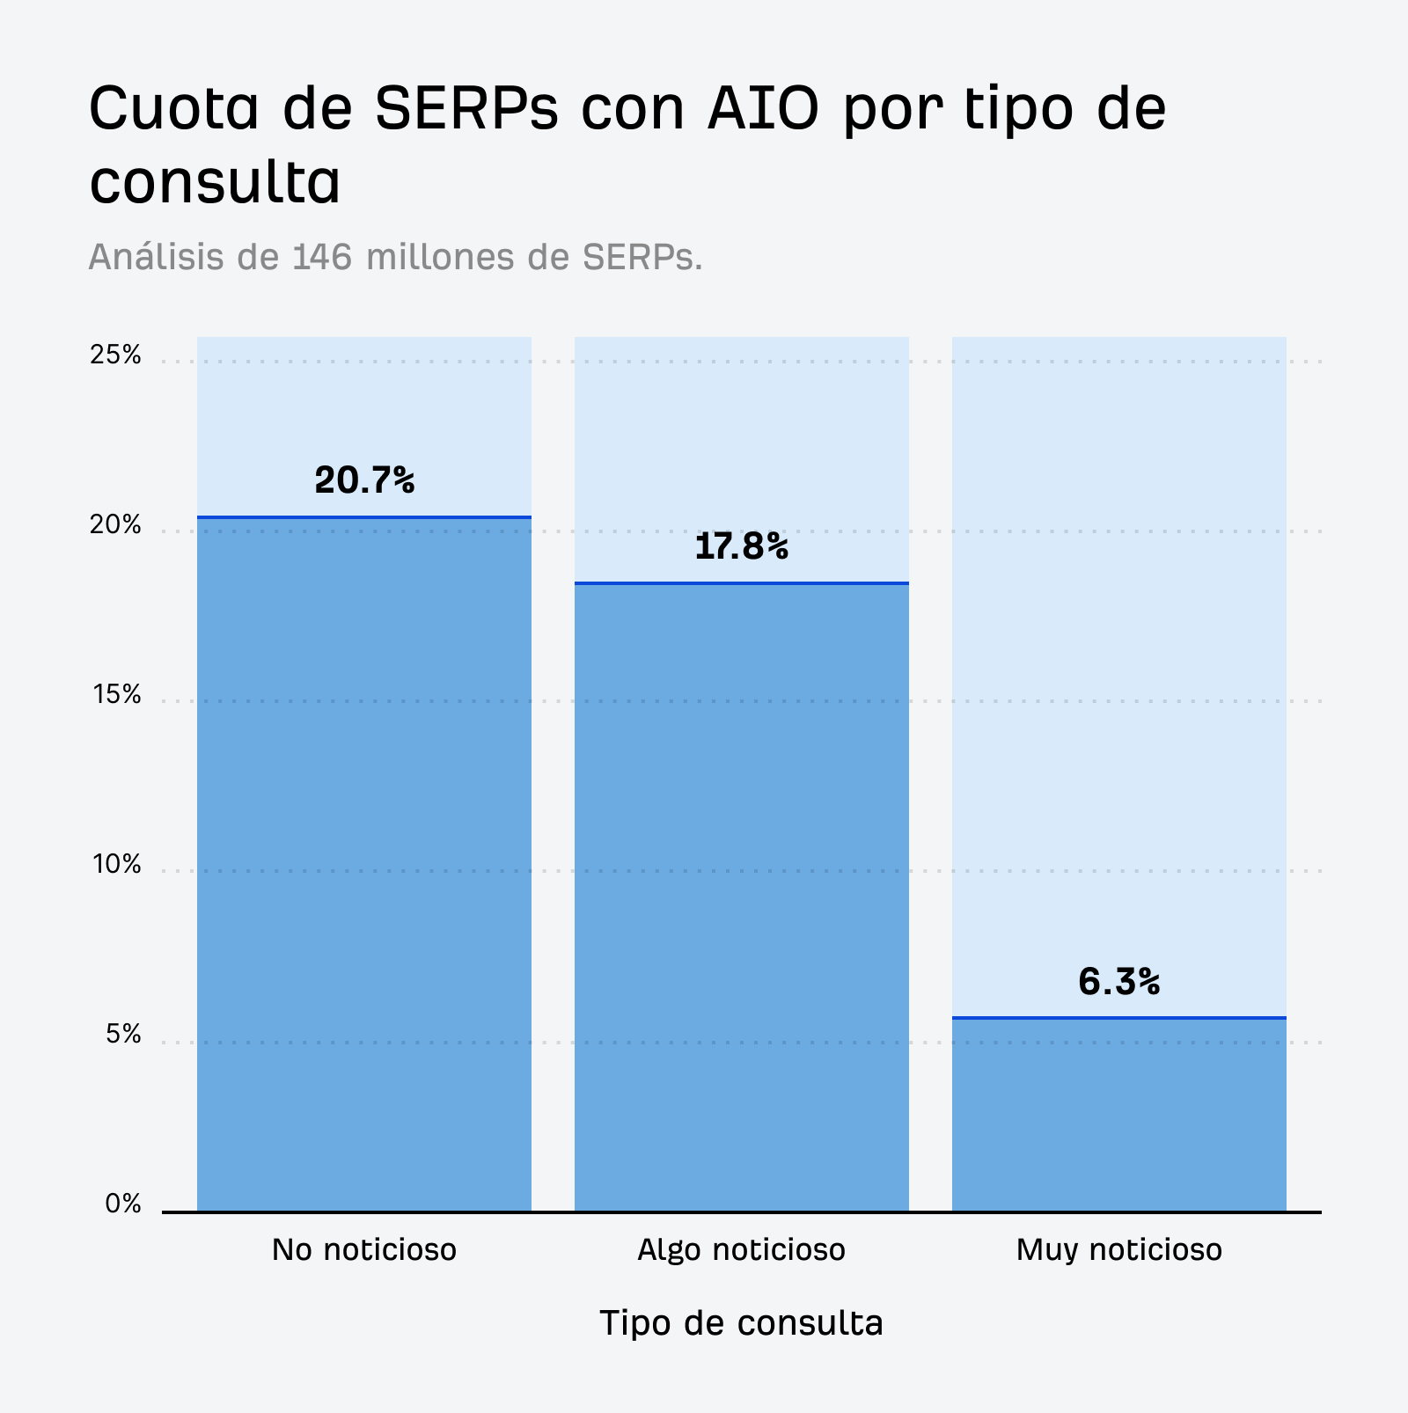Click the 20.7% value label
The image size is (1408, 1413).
click(364, 480)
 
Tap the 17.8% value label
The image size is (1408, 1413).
click(741, 546)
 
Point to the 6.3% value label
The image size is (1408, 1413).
click(1118, 982)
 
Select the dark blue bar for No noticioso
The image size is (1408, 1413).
click(364, 862)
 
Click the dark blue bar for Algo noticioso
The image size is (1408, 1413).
click(741, 897)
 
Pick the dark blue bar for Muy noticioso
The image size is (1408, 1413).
click(1118, 1116)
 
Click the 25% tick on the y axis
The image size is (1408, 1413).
click(115, 355)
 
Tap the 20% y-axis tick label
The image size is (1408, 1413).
click(115, 525)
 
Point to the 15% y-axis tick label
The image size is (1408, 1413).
click(116, 695)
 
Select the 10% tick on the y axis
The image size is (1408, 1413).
click(116, 865)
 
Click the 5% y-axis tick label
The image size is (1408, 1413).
click(123, 1035)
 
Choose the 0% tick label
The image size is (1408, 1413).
click(123, 1204)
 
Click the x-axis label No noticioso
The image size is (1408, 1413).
click(364, 1249)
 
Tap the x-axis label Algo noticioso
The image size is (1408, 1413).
click(741, 1249)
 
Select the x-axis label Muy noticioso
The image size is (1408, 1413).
click(1118, 1249)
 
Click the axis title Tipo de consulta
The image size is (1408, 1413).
click(741, 1322)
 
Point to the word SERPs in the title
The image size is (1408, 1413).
click(466, 108)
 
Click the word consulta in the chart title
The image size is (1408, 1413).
click(215, 182)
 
